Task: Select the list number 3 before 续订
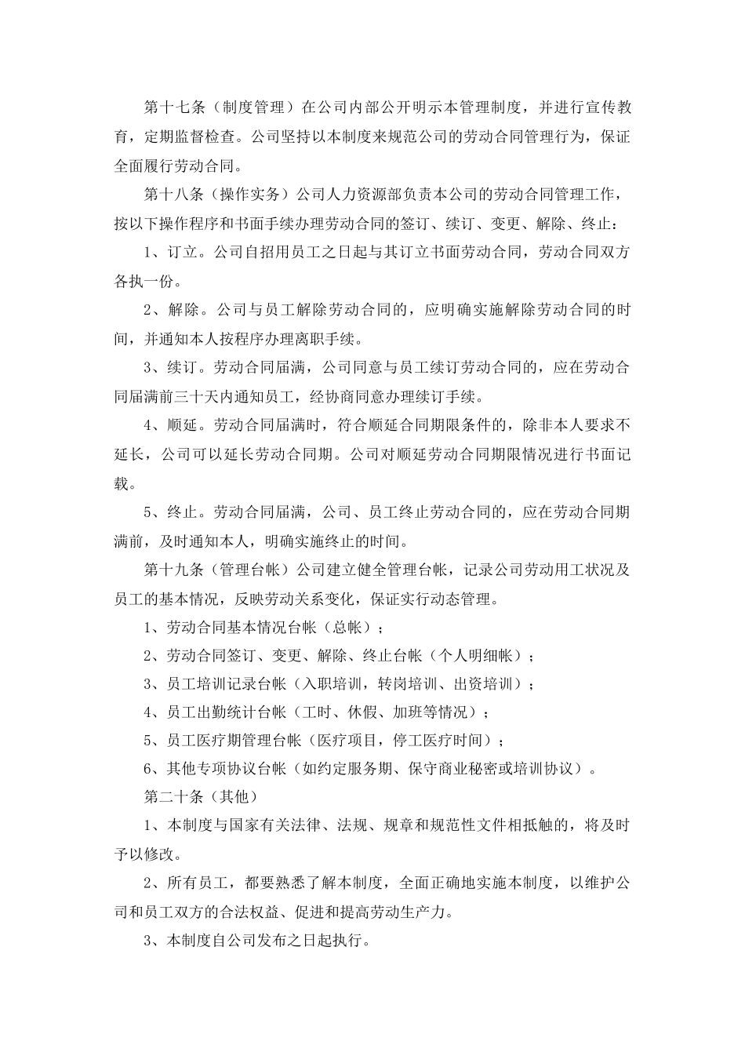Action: [149, 368]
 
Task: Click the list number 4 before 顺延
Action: [149, 425]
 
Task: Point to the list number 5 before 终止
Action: [149, 512]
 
